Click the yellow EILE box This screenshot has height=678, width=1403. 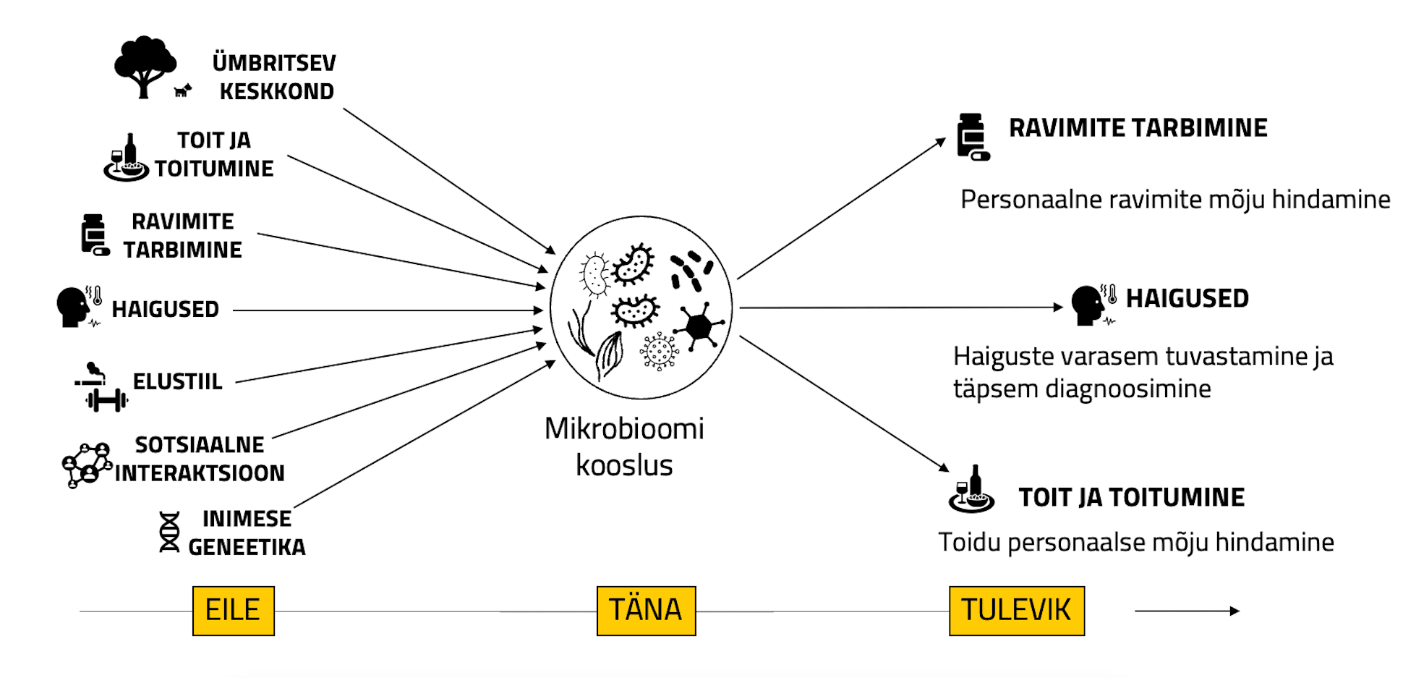pos(233,611)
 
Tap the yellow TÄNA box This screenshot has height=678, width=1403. pos(646,611)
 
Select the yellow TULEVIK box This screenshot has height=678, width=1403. pos(1016,611)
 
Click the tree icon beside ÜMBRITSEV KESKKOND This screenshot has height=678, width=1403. pos(145,65)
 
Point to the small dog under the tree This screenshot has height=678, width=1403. pos(183,90)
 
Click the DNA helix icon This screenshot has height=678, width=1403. pos(169,533)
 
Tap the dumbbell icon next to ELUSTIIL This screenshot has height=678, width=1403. pos(107,399)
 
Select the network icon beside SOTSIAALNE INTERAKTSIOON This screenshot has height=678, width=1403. pos(87,465)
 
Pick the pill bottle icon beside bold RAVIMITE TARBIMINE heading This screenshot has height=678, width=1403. pos(972,137)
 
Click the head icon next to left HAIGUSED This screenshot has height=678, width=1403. pos(74,307)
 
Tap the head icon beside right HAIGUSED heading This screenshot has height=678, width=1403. pos(1088,305)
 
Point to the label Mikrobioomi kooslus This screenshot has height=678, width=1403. pos(624,446)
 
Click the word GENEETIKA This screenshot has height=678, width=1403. pos(247,547)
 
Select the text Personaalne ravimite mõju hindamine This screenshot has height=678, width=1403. pos(1174,199)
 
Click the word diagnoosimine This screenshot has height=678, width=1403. pos(1127,389)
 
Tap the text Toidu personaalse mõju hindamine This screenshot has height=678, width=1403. pos(1135,542)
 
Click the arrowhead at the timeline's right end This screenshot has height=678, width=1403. pos(1234,611)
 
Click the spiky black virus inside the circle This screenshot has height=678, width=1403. pos(699,326)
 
